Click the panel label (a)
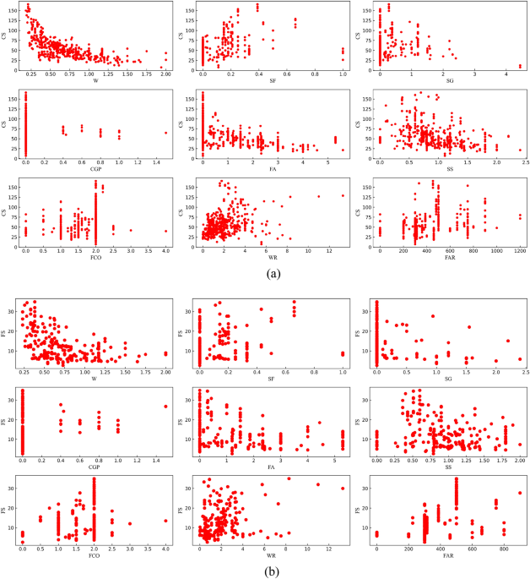pyautogui.click(x=266, y=273)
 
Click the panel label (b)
pyautogui.click(x=266, y=571)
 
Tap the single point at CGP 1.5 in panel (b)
pyautogui.click(x=166, y=407)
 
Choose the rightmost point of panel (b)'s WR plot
pyautogui.click(x=343, y=488)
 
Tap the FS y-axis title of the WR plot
pyautogui.click(x=186, y=509)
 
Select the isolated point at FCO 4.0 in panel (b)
pyautogui.click(x=166, y=521)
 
